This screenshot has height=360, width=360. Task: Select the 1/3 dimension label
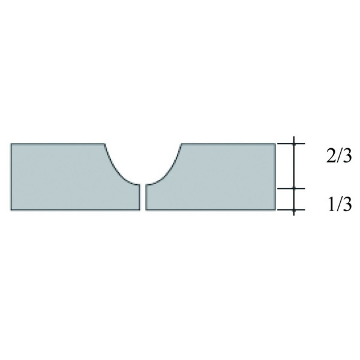point(340,205)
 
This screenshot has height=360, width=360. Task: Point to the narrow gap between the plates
point(143,197)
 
